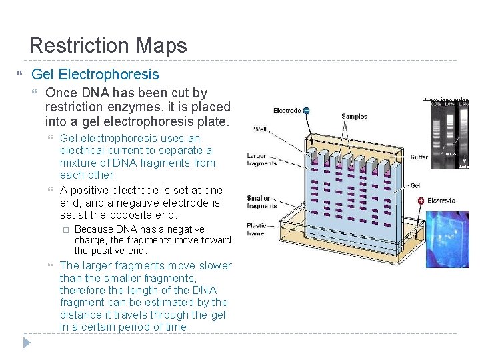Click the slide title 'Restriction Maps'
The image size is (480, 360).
[x=108, y=45]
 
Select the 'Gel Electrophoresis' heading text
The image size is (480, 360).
[x=95, y=74]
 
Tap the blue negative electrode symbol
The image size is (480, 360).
[x=306, y=111]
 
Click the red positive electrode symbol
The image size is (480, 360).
[x=420, y=200]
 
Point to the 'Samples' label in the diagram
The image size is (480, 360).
[x=354, y=117]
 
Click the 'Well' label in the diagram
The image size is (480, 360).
[x=261, y=129]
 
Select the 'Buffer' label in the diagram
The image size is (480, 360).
[x=419, y=157]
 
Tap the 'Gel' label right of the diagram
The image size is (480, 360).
[x=415, y=185]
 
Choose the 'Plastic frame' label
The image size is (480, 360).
[x=256, y=230]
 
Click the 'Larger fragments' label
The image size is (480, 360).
[x=261, y=160]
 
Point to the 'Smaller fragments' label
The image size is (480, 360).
[x=261, y=202]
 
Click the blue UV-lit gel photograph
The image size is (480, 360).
[x=447, y=239]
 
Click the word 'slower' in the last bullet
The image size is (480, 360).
[x=214, y=265]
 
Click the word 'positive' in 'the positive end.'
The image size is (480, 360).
[x=109, y=251]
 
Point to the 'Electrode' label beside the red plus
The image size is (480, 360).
[x=441, y=201]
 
